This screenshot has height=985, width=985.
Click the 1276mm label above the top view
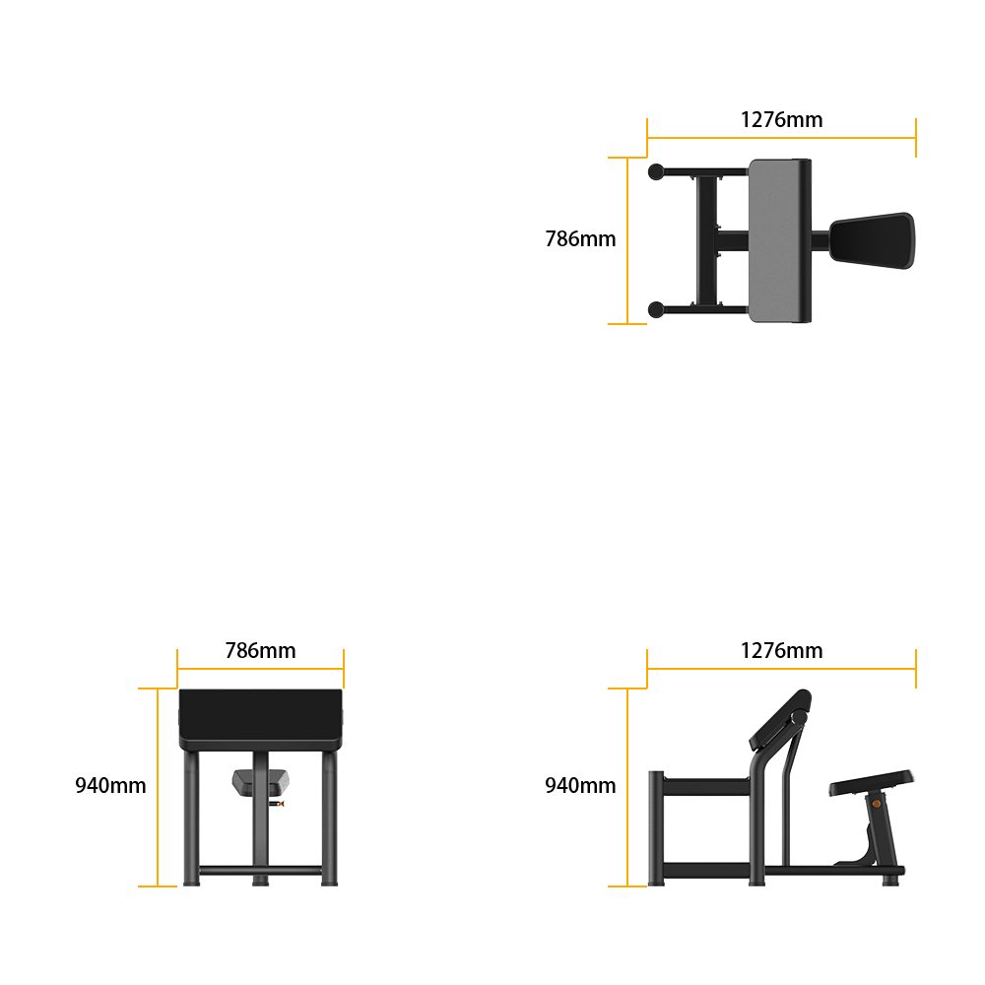[781, 119]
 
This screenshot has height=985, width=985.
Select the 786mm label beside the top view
[580, 238]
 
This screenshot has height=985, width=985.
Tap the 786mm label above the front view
[260, 650]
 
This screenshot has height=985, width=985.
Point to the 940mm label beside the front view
[110, 785]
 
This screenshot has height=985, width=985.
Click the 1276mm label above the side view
[781, 650]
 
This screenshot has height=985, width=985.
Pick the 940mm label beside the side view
[580, 785]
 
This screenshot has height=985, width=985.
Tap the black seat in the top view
[872, 240]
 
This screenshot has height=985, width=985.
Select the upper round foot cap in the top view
[656, 171]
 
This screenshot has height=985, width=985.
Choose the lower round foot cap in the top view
[656, 309]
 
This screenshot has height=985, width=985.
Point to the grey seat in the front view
[261, 782]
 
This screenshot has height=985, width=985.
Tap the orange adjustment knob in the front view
[280, 804]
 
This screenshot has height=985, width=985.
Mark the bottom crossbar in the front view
[261, 870]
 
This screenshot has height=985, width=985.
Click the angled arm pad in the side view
[780, 720]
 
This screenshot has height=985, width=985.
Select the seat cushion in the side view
[872, 783]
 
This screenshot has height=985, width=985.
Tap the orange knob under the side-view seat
[877, 804]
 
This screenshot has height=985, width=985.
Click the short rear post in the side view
[656, 828]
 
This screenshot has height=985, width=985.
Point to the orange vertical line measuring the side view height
[627, 787]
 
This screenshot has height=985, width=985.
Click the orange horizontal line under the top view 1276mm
[781, 138]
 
